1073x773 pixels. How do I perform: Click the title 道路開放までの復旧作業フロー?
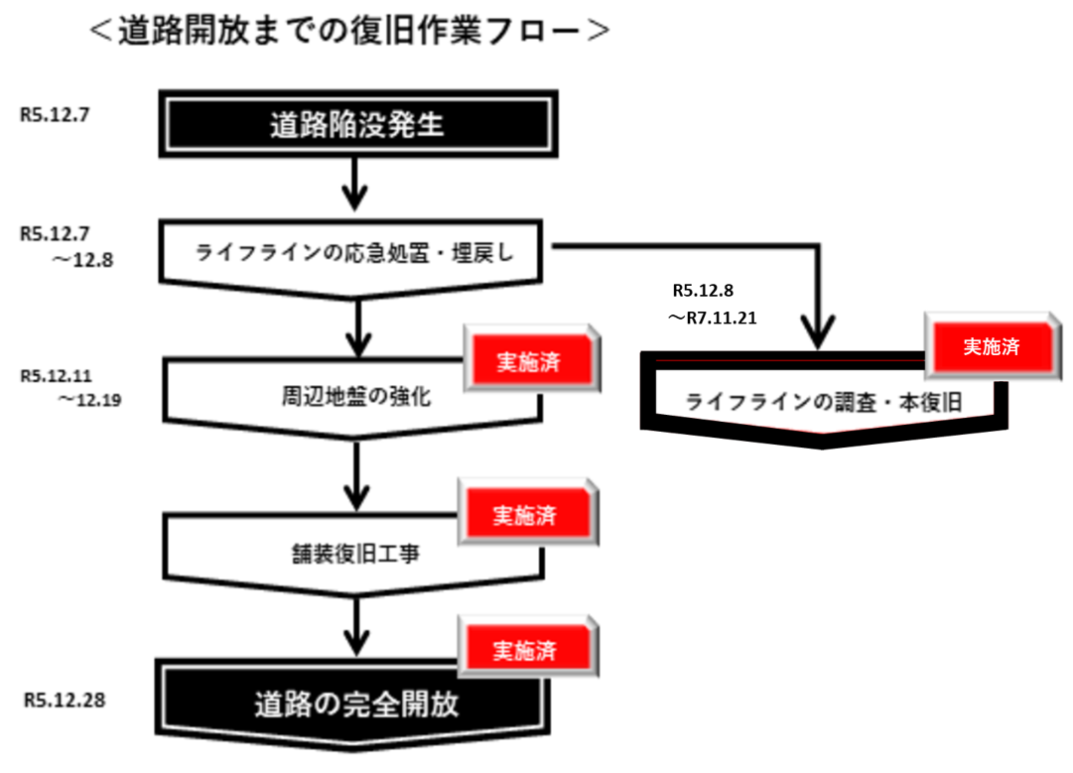point(348,31)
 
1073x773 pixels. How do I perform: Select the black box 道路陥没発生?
point(356,126)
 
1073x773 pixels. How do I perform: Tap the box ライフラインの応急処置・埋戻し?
point(356,253)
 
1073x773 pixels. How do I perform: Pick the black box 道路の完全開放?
point(356,705)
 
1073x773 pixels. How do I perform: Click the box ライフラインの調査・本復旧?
point(824,402)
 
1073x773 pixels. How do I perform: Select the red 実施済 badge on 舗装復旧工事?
point(526,516)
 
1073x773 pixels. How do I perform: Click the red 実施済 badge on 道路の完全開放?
point(526,651)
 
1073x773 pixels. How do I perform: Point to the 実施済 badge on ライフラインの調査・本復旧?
point(992,346)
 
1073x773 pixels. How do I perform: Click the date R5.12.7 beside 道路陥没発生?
point(55,114)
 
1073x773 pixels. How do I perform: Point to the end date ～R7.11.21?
point(717,319)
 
